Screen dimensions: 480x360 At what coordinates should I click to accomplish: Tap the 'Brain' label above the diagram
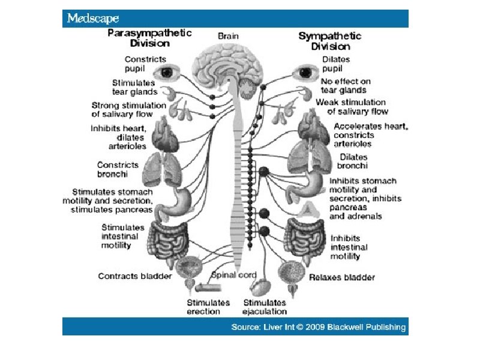click(228, 36)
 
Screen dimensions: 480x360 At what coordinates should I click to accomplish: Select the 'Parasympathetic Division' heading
click(149, 38)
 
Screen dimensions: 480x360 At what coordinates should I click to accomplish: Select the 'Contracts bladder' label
click(135, 276)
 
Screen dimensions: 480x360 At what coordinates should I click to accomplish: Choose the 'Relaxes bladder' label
click(342, 277)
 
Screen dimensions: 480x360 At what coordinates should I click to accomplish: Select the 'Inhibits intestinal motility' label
click(349, 247)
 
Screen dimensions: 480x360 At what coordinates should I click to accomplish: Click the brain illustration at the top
click(229, 69)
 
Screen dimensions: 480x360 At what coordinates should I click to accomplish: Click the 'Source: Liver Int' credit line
click(319, 327)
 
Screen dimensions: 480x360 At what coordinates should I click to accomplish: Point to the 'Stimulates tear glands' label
click(134, 87)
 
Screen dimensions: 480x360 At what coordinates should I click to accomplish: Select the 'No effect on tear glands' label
click(346, 86)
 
